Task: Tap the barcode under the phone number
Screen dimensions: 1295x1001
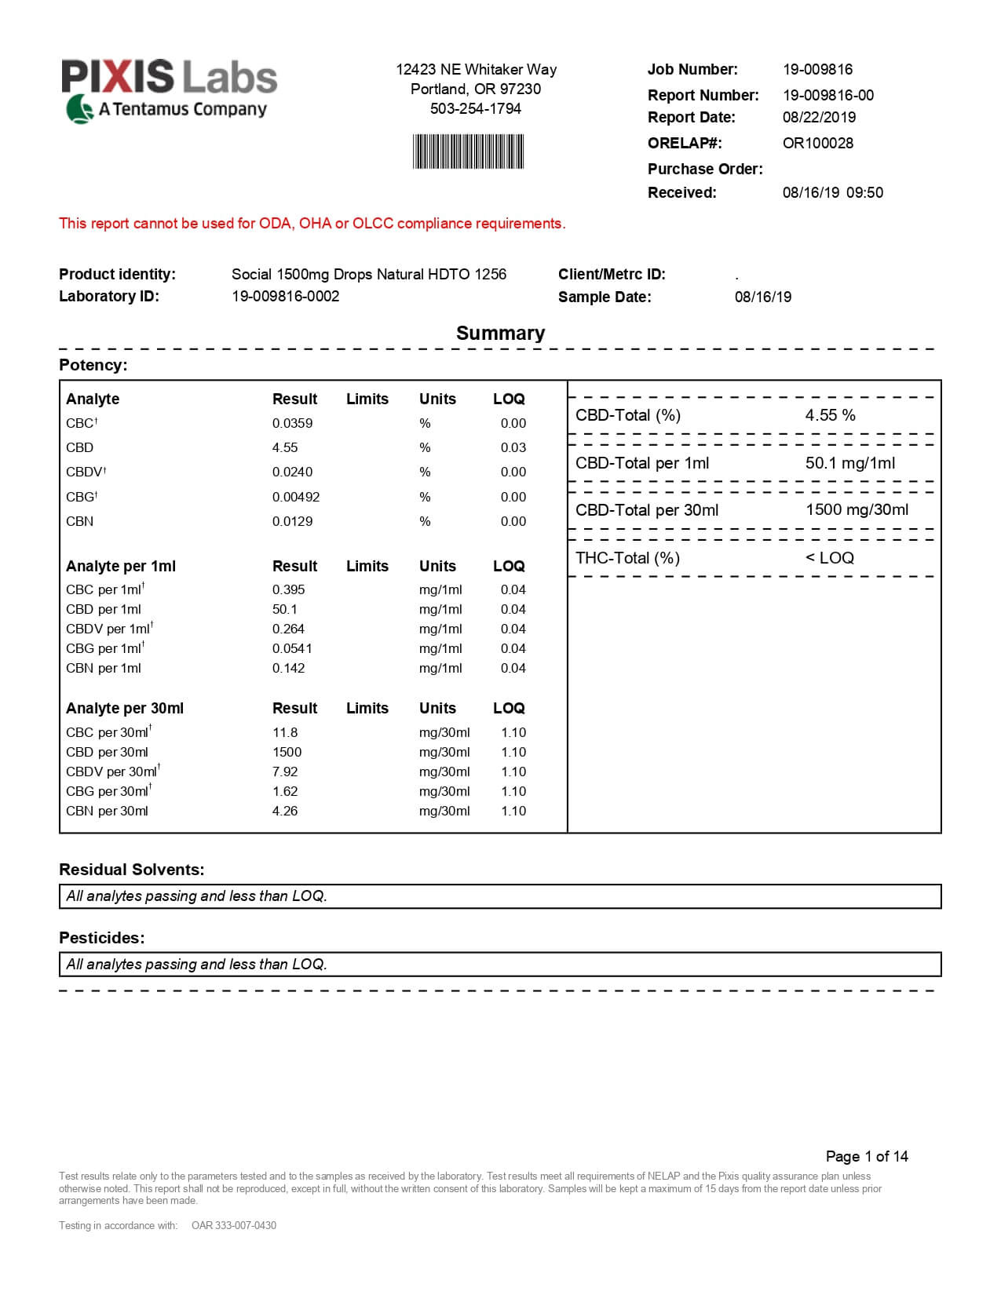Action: coord(468,151)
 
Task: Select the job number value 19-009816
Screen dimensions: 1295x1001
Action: coord(817,69)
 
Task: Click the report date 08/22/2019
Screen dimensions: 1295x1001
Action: coord(819,117)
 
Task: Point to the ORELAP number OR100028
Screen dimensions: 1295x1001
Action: coord(817,143)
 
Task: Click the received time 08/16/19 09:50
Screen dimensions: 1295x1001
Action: coord(832,192)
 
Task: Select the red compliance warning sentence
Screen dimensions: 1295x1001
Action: coord(312,224)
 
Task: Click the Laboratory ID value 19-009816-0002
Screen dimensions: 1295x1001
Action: coord(285,296)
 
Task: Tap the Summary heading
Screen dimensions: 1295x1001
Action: coord(500,333)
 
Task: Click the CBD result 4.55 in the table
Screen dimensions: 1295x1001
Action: coord(285,447)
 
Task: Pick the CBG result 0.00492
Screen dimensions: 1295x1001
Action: coord(296,497)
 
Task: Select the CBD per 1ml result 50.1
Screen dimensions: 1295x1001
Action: coord(284,609)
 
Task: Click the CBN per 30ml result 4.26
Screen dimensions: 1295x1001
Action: coord(285,811)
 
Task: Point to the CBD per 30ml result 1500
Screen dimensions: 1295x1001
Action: coord(287,752)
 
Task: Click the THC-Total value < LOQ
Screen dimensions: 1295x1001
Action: coord(829,558)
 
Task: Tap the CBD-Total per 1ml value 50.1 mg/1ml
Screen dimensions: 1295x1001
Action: coord(849,463)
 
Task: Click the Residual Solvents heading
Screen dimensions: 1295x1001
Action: coord(131,870)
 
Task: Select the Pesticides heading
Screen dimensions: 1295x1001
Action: coord(102,938)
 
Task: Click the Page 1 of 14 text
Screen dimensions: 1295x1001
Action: coord(866,1156)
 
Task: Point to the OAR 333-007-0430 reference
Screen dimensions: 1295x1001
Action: coord(234,1225)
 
